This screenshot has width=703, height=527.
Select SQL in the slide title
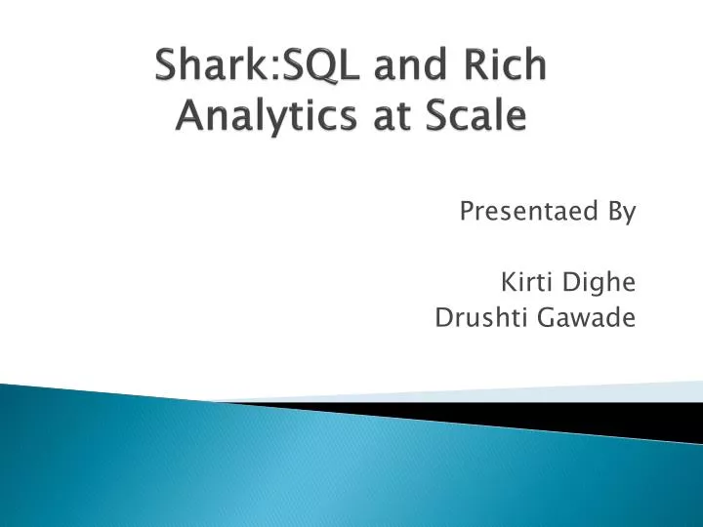[316, 67]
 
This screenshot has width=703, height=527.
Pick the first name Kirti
[523, 283]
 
